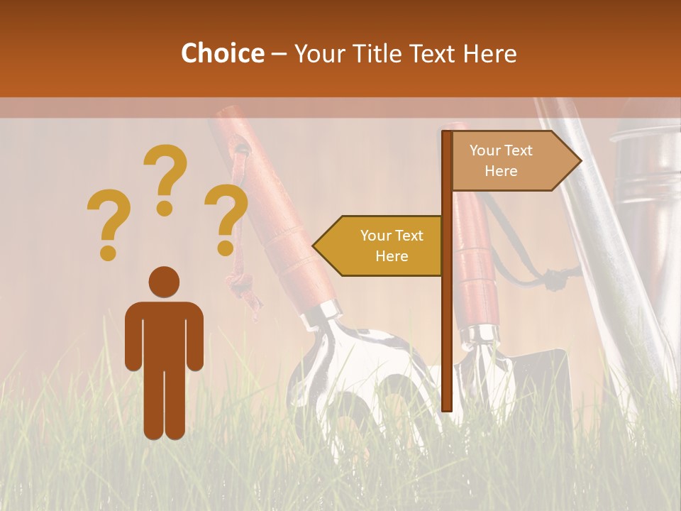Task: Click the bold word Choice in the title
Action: [222, 53]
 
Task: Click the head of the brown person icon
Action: [164, 282]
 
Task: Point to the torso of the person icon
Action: [164, 334]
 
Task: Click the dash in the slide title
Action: [279, 54]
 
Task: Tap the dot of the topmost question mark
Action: [165, 208]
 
